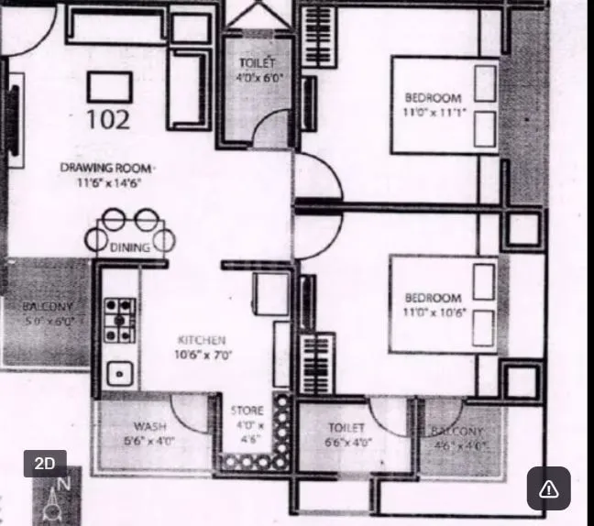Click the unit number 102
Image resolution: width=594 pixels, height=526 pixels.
(x=108, y=119)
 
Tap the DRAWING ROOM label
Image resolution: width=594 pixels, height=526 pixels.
(x=106, y=168)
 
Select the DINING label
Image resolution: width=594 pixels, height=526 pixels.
(x=130, y=247)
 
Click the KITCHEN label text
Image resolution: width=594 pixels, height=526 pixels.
(x=202, y=340)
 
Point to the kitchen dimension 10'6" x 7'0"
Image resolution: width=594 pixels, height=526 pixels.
(x=204, y=354)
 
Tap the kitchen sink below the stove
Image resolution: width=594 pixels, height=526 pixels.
(x=117, y=373)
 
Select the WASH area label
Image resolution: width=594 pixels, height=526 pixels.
(x=149, y=427)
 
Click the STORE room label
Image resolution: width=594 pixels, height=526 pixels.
(x=247, y=411)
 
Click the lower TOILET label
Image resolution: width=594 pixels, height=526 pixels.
(x=346, y=428)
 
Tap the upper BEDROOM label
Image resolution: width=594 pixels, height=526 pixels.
(x=433, y=98)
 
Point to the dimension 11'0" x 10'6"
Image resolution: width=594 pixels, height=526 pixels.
(x=434, y=312)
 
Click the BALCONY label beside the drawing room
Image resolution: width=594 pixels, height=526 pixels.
(x=48, y=307)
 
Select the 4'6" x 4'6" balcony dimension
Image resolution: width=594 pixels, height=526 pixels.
(x=459, y=445)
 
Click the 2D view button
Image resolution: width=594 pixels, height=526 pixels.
(x=45, y=464)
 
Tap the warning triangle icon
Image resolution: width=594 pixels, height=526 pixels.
(x=548, y=488)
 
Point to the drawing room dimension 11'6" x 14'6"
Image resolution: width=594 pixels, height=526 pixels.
(x=109, y=182)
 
